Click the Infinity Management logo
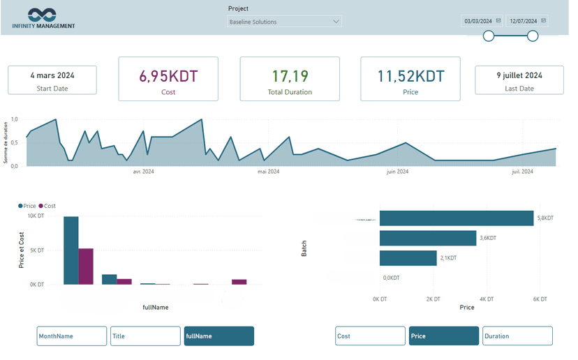[x=43, y=18]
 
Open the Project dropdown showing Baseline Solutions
[x=284, y=22]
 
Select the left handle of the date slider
[x=489, y=36]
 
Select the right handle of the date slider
[x=533, y=36]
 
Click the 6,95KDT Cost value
[x=168, y=77]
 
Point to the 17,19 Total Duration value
[x=290, y=77]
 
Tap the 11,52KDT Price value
[x=410, y=77]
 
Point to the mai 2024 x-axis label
[x=268, y=172]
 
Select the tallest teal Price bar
[x=71, y=250]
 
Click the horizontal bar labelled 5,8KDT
[x=457, y=218]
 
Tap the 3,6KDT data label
[x=488, y=239]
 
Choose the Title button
[x=145, y=336]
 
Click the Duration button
[x=517, y=336]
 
